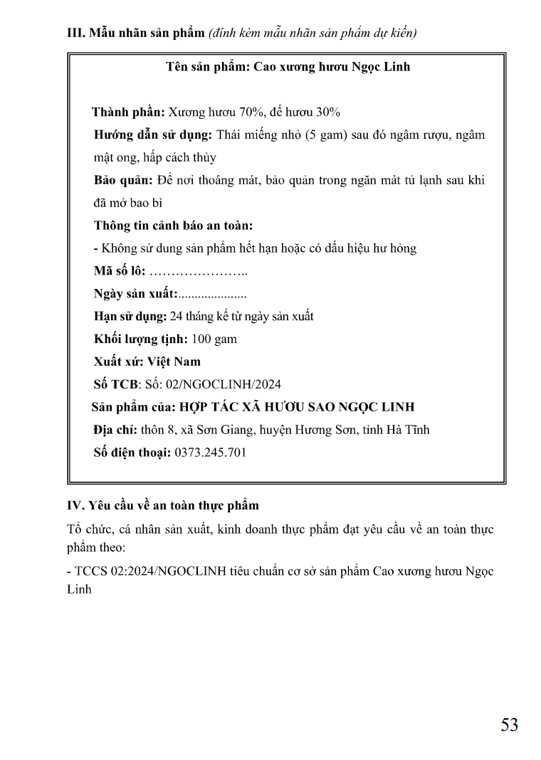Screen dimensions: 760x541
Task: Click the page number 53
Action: point(509,724)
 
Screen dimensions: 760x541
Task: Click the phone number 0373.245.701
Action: point(211,453)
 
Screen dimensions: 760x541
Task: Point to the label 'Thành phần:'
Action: point(128,112)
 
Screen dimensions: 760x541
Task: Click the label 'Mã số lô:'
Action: point(120,271)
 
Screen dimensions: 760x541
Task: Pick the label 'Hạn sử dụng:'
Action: point(130,316)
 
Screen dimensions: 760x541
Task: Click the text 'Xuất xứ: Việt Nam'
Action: point(147,361)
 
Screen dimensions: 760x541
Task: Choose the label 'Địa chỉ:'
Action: point(115,430)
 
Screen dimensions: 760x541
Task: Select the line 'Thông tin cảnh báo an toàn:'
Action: point(174,226)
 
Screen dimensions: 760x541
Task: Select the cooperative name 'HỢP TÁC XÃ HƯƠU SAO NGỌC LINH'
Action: point(296,407)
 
